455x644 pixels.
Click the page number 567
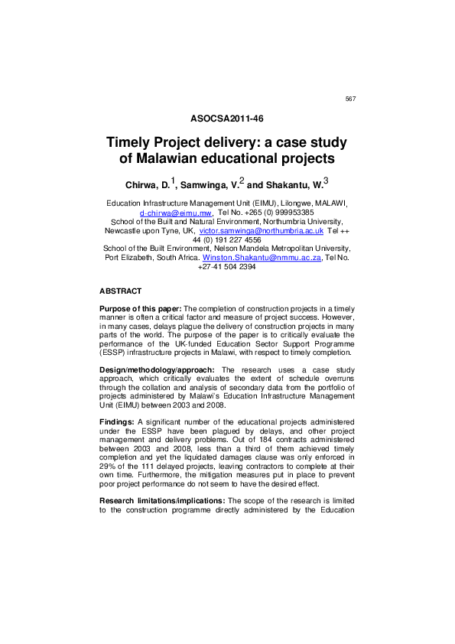point(350,99)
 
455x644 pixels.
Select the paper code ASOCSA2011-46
point(226,119)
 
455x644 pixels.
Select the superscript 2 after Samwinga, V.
point(242,181)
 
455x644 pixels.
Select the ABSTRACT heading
point(121,292)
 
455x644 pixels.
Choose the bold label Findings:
point(117,421)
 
